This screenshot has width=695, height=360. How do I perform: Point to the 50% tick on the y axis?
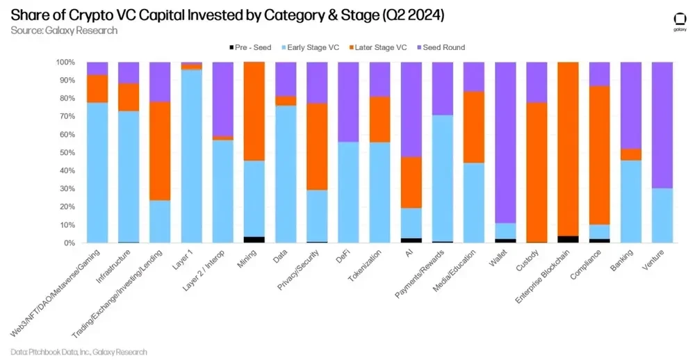(66, 153)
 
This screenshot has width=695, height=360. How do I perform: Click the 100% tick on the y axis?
(65, 62)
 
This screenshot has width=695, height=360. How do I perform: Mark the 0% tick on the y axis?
(68, 243)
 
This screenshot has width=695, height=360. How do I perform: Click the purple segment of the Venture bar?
(662, 125)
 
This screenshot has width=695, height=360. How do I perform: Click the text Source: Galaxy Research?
(64, 31)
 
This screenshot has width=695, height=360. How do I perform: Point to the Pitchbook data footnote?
(79, 352)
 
